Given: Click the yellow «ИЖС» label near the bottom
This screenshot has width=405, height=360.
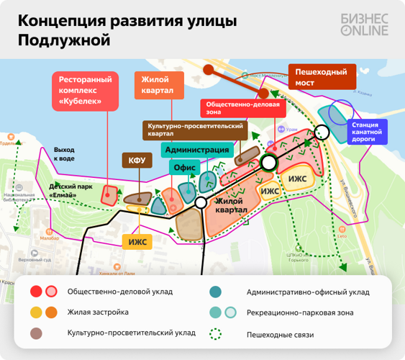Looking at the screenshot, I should pyautogui.click(x=137, y=241).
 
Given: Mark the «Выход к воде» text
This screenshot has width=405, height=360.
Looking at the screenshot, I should pyautogui.click(x=64, y=153).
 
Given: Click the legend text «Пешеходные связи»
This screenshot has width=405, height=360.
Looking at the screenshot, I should pyautogui.click(x=281, y=334).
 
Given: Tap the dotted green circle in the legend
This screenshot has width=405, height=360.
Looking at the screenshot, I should pyautogui.click(x=214, y=334).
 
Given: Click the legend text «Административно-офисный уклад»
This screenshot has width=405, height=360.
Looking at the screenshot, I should pyautogui.click(x=307, y=292).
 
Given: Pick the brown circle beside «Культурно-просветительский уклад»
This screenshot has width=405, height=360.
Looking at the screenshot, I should pyautogui.click(x=35, y=333).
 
